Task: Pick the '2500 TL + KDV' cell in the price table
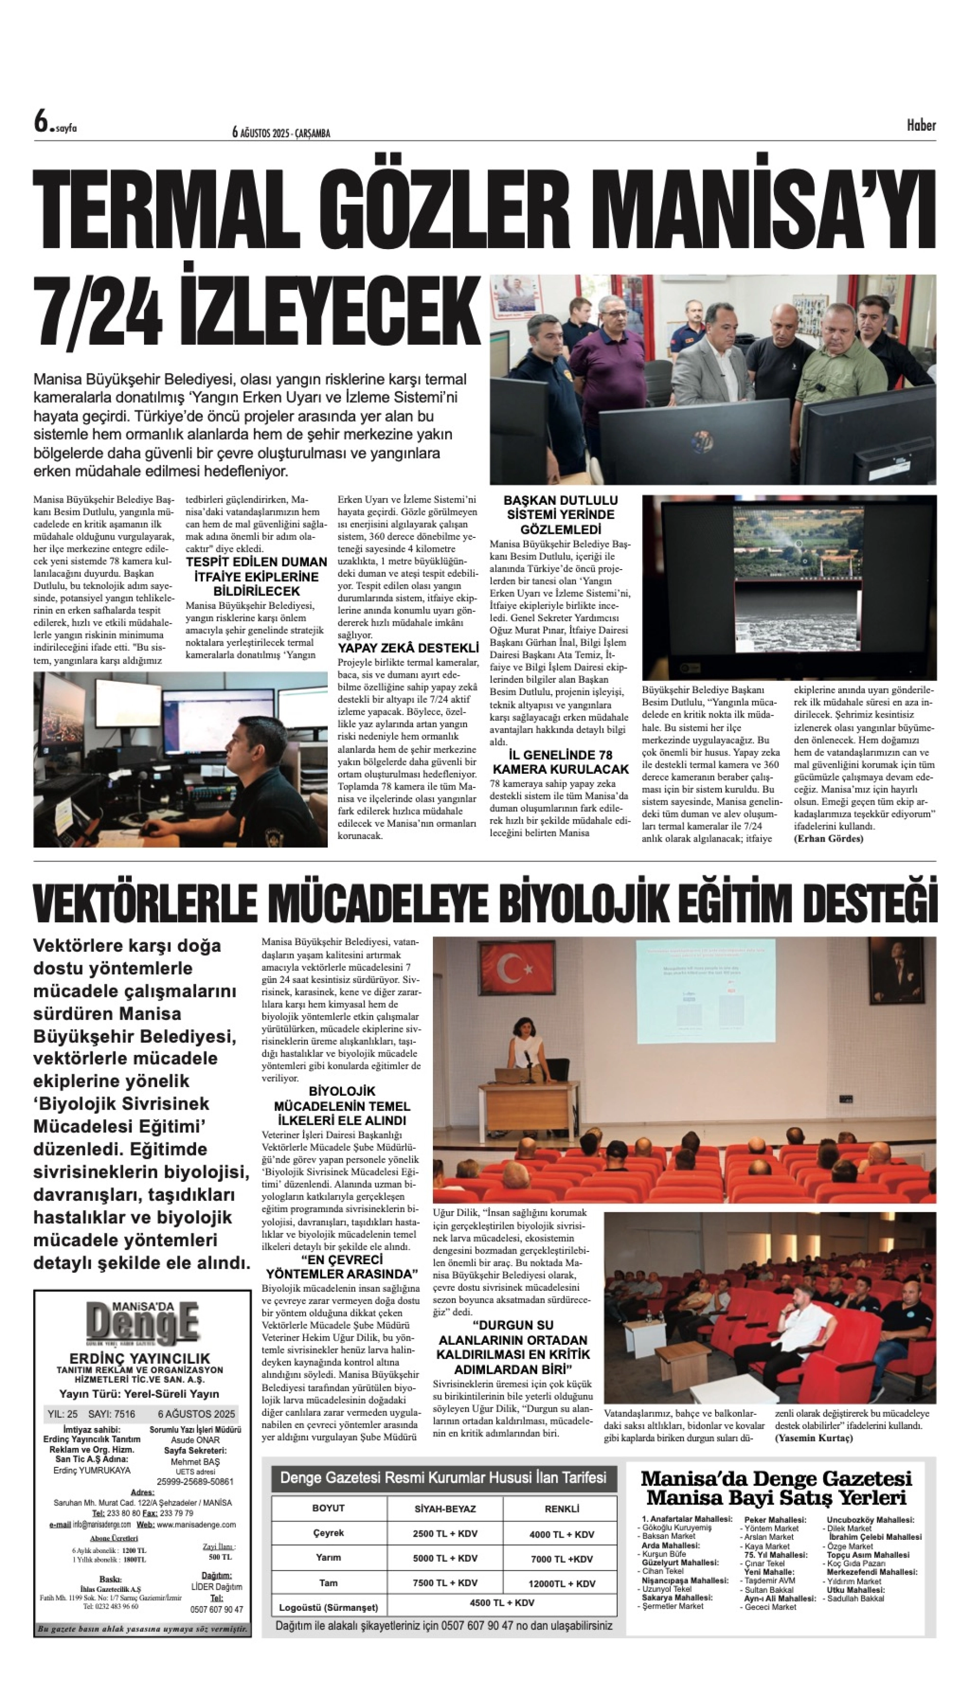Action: (x=445, y=1533)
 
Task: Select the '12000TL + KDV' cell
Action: (x=562, y=1583)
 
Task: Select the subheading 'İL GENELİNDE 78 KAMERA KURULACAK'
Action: (x=560, y=762)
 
